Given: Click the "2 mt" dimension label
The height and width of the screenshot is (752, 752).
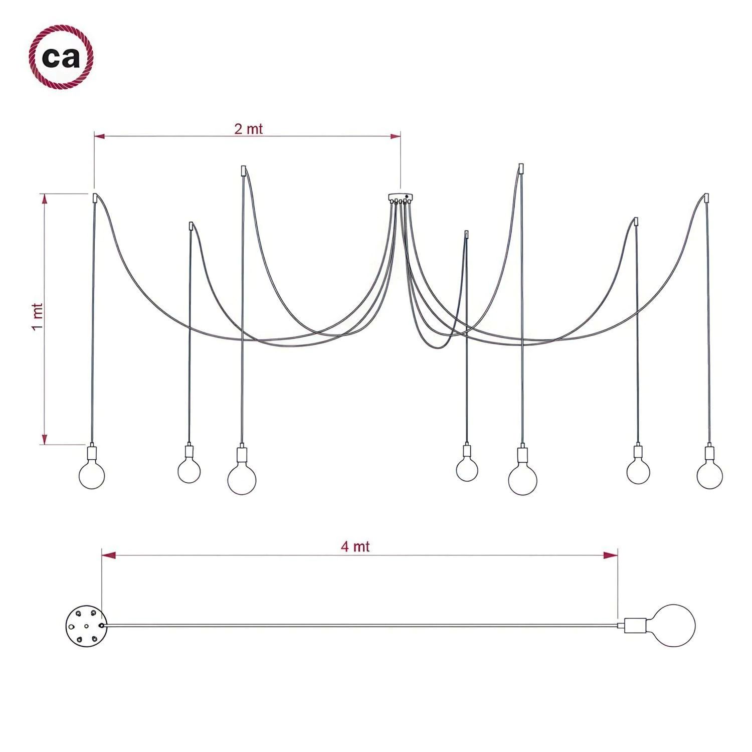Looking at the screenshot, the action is coord(248,129).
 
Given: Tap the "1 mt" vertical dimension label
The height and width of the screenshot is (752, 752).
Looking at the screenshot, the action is coord(37,316).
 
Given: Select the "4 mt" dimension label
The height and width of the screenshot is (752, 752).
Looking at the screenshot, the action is coord(355,546).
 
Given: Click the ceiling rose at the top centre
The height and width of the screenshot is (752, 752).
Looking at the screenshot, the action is coord(402,198).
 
